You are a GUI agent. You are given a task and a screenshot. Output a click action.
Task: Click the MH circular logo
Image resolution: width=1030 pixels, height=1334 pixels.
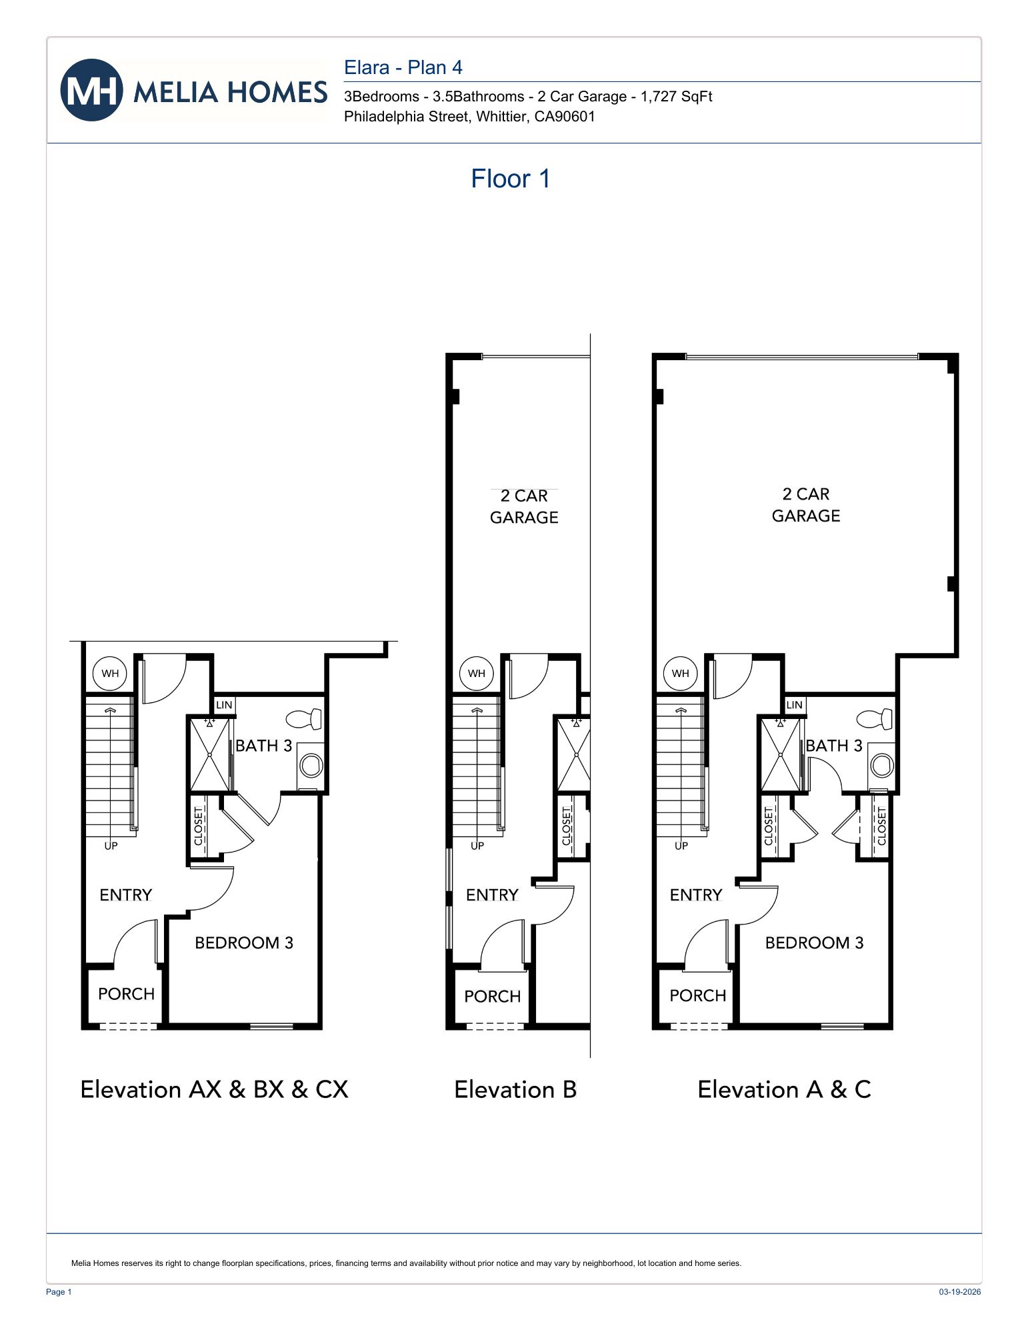91,90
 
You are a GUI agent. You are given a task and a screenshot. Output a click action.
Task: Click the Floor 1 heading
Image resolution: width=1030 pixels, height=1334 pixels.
510,179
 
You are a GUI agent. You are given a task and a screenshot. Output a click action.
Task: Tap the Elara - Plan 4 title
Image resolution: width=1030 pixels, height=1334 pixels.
403,67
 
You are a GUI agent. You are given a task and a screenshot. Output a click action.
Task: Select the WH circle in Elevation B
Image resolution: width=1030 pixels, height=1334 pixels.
477,673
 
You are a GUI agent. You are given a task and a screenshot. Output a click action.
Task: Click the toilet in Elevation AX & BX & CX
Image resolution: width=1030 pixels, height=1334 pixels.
304,719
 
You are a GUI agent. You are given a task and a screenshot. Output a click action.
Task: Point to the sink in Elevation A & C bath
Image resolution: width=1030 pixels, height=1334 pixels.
882,765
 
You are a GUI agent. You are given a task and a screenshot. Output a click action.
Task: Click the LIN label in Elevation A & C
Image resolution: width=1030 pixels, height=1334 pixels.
794,704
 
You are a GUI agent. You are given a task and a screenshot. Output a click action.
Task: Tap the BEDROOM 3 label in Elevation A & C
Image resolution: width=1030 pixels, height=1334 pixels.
814,942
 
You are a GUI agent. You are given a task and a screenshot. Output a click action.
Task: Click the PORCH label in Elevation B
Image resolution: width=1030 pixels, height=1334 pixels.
492,996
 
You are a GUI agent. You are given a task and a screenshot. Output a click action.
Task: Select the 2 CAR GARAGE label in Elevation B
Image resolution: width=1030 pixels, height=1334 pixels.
524,506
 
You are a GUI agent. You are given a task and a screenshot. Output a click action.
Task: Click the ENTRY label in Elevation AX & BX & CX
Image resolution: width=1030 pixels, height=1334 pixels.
125,894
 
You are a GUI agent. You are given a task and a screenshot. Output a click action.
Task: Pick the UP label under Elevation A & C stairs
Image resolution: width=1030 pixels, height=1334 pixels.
681,846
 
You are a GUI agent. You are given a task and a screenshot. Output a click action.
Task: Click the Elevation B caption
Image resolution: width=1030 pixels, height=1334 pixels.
515,1089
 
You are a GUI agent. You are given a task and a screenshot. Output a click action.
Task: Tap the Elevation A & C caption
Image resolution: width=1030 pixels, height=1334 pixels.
784,1089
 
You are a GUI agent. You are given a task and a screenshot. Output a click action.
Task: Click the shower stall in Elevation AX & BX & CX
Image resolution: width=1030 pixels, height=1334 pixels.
210,754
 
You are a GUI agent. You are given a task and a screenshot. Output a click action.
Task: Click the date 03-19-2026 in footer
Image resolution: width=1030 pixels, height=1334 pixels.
959,1292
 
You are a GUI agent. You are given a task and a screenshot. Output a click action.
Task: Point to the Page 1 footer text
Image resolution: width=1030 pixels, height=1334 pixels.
59,1292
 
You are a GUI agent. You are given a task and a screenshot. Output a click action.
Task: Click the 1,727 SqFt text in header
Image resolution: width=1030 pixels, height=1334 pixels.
676,97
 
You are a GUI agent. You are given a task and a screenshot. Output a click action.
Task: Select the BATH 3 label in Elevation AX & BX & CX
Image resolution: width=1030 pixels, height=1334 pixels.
263,746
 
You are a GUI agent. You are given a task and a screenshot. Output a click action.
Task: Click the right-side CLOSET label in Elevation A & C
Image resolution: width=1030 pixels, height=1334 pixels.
881,826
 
